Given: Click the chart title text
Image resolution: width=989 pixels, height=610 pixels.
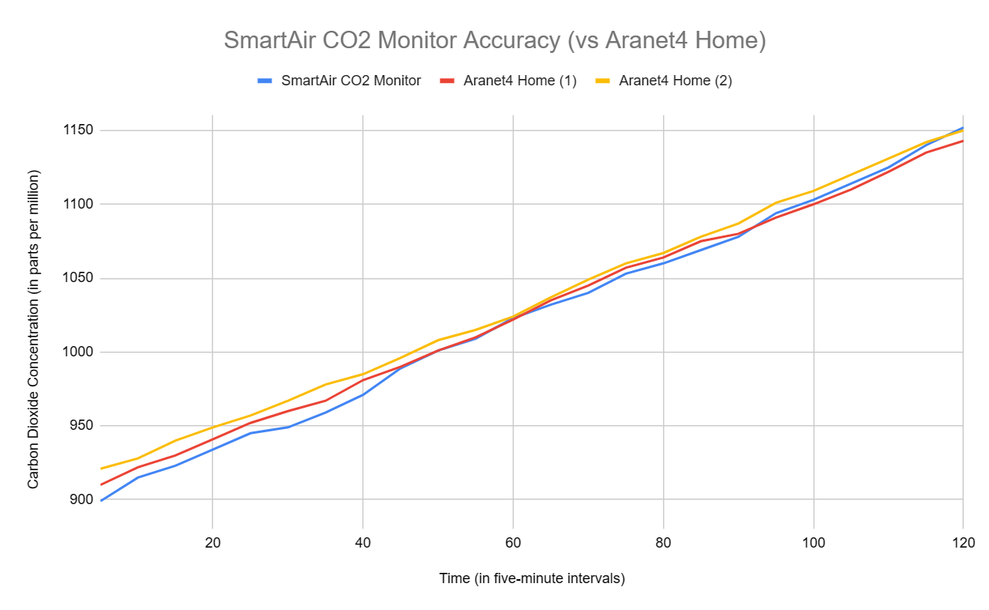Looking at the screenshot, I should [495, 40].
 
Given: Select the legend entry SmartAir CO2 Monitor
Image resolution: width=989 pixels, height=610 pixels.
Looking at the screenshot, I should [350, 81].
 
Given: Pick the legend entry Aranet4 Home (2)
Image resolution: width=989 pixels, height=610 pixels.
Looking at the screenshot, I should [676, 81].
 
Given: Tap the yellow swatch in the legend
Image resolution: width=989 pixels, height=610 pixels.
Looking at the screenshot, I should [604, 81].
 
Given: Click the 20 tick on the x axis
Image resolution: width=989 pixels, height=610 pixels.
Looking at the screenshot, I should [212, 543].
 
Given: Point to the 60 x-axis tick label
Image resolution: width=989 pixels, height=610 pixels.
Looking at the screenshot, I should [513, 543].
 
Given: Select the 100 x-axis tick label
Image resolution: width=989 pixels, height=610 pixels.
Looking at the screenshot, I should [813, 543].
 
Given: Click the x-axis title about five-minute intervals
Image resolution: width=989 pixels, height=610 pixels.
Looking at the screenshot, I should [532, 578].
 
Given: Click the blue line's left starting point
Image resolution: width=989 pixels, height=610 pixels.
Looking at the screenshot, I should [101, 500].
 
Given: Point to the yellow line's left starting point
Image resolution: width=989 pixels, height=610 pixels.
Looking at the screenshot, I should [101, 469].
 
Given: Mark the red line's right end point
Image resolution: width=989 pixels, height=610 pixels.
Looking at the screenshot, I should [963, 141].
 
